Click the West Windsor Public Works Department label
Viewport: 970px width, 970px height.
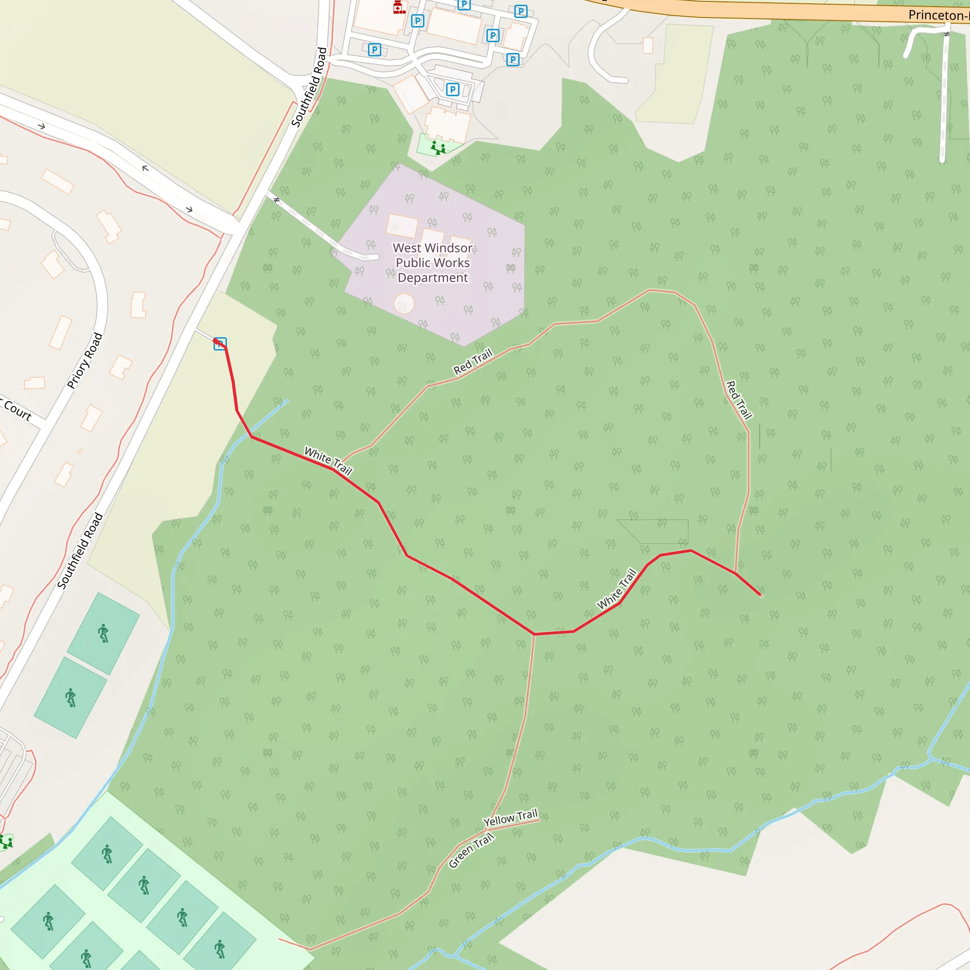(x=432, y=262)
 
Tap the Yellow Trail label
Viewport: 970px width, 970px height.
(x=510, y=818)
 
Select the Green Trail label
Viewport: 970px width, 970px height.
(x=471, y=850)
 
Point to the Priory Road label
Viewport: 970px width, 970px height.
(x=85, y=360)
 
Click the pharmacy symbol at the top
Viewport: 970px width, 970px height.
(x=399, y=7)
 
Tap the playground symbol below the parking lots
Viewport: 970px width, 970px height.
(x=438, y=148)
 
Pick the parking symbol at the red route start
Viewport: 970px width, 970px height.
(x=220, y=344)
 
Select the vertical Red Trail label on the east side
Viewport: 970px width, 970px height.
(x=738, y=400)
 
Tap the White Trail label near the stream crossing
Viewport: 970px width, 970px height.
(x=328, y=460)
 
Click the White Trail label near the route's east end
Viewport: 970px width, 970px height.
(x=616, y=589)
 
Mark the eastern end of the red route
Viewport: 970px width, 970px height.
(x=761, y=595)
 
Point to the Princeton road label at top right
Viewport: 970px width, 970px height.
(x=938, y=15)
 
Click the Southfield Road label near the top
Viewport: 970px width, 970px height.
(x=309, y=87)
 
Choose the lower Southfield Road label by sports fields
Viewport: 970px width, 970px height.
(x=80, y=550)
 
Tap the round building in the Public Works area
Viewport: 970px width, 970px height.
(x=404, y=304)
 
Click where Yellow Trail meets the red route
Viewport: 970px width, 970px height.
(x=534, y=634)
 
